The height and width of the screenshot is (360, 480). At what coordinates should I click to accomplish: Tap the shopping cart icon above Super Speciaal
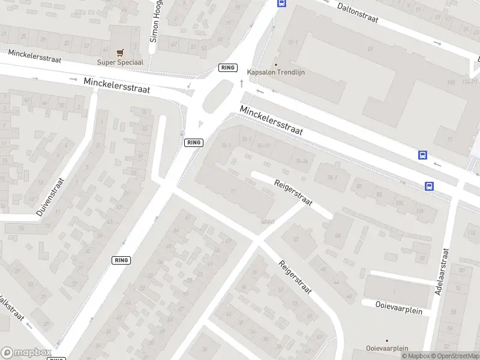[x=120, y=53]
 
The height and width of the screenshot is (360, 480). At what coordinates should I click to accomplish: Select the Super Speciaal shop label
[x=120, y=62]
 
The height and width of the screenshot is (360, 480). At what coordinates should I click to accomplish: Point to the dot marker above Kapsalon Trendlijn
[x=276, y=65]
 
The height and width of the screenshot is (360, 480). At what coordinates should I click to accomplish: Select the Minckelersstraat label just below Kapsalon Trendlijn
[x=271, y=120]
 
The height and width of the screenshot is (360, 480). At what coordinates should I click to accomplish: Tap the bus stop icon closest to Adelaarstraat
[x=429, y=186]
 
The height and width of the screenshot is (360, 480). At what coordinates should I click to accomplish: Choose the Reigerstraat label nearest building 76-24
[x=293, y=193]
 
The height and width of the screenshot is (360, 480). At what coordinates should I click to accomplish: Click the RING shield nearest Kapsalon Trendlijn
[x=228, y=68]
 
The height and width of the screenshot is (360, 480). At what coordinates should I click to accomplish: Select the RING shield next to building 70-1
[x=194, y=142]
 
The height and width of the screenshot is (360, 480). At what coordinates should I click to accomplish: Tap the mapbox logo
[x=26, y=353]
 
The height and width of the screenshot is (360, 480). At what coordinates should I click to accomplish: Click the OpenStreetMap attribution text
[x=454, y=356]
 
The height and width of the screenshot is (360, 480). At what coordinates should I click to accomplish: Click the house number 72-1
[x=293, y=43]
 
